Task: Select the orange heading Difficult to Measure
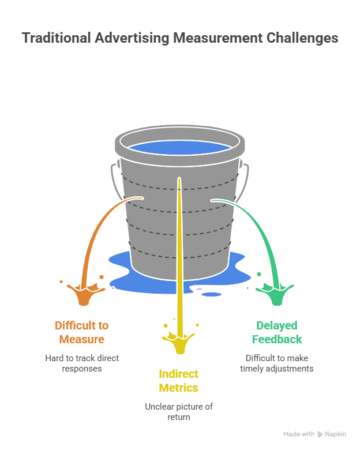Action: tap(81, 332)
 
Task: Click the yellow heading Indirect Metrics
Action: tap(179, 381)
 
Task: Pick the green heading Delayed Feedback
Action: tap(277, 332)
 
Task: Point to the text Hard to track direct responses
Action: tap(82, 363)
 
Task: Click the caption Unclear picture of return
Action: tap(179, 411)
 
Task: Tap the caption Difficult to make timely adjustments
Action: tap(277, 363)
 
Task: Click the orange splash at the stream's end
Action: tap(82, 294)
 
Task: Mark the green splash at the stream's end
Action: tap(272, 294)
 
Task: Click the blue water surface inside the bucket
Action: tap(179, 147)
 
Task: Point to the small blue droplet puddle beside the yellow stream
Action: tap(211, 294)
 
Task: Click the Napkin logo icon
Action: tap(320, 434)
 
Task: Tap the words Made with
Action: tap(299, 434)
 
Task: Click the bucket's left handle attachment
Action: tap(114, 168)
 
